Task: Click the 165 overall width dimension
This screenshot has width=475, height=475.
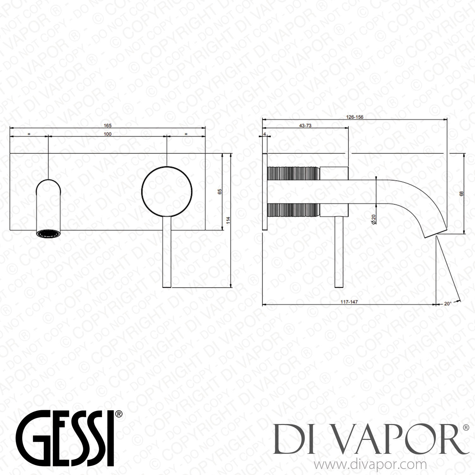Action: [x=108, y=125]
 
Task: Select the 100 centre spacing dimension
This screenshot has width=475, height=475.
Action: [x=108, y=134]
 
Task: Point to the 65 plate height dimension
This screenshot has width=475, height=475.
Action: [x=220, y=192]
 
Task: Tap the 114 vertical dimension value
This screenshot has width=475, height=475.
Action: [x=228, y=220]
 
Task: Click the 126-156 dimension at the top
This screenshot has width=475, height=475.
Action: [x=355, y=117]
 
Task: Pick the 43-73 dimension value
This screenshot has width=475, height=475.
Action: [x=305, y=125]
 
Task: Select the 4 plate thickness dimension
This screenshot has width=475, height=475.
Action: [x=265, y=134]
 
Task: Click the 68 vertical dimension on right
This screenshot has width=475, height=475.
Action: [x=461, y=193]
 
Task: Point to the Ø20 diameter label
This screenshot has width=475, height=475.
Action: [x=374, y=219]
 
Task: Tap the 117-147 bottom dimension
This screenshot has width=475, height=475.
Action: [x=349, y=302]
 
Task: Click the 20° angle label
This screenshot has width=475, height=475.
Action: [x=447, y=303]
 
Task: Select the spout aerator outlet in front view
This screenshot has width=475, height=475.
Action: [x=48, y=234]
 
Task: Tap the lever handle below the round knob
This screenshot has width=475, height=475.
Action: [x=167, y=253]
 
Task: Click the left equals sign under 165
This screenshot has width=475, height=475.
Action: [x=29, y=134]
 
